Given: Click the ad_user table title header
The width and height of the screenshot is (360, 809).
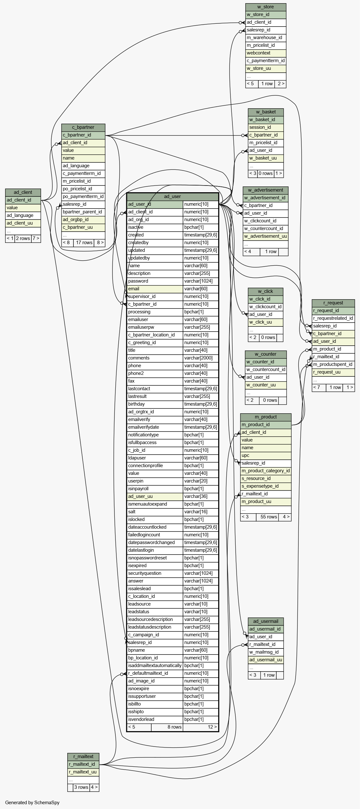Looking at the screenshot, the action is [172, 196].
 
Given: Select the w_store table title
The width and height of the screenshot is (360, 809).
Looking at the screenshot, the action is [265, 7].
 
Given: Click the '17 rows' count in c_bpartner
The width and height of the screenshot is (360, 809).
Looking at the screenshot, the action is [84, 243].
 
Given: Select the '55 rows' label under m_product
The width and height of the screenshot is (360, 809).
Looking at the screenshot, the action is [269, 517].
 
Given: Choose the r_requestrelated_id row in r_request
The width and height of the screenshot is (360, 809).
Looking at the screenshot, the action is [333, 318].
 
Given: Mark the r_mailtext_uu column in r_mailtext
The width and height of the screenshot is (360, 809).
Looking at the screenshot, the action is [83, 772].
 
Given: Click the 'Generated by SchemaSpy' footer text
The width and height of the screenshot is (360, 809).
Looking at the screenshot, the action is [32, 802].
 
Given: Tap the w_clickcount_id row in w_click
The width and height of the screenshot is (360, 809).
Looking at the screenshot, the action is [265, 307].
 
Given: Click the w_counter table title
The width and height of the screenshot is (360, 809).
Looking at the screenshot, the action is [265, 354].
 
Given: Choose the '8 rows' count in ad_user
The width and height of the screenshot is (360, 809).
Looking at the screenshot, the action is [174, 727].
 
